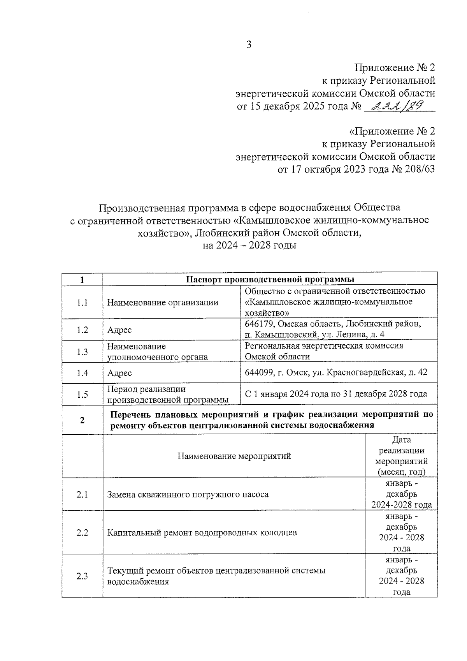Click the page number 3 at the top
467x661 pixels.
tap(249, 45)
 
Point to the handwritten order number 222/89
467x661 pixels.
tap(397, 106)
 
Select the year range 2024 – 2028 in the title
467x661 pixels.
tap(249, 246)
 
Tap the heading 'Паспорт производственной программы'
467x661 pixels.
tap(270, 279)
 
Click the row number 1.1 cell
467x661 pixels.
tap(82, 302)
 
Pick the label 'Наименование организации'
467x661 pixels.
tap(163, 302)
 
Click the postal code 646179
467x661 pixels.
tap(258, 324)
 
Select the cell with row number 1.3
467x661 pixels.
tap(82, 351)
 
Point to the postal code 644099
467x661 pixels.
tap(258, 372)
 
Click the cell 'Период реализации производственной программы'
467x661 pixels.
tap(168, 394)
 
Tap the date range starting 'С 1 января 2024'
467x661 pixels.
tap(335, 394)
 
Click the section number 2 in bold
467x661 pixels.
tap(82, 420)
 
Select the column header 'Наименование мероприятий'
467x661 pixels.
tap(234, 456)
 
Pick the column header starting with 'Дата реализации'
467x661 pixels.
tap(401, 456)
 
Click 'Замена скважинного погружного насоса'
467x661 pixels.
tap(188, 494)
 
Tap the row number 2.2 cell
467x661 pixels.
tap(82, 532)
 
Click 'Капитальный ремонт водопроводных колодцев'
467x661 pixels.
tap(202, 532)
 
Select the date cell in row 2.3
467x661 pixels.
tap(401, 576)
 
